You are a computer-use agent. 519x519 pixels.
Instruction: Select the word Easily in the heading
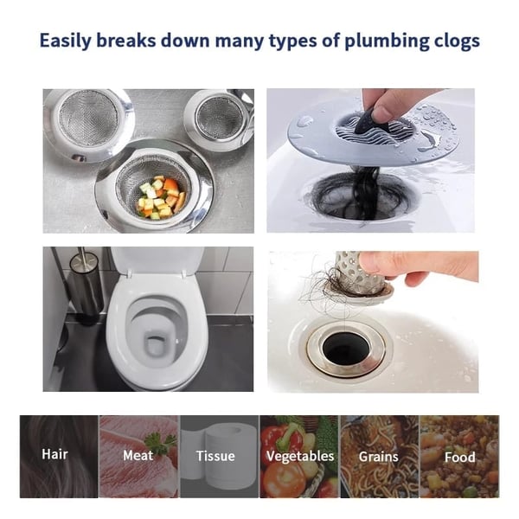tap(65, 41)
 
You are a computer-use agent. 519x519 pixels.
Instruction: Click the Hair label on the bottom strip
tap(55, 454)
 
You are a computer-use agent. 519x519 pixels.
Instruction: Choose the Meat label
tap(138, 456)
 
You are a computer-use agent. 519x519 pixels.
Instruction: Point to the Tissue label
tap(215, 456)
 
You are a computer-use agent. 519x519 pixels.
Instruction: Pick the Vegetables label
tap(300, 457)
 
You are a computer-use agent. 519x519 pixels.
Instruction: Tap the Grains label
tap(379, 457)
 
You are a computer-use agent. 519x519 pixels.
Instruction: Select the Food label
tap(460, 458)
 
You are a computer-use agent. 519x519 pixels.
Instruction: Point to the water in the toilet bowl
tap(157, 344)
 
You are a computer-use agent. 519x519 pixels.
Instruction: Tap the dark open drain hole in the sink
tap(345, 349)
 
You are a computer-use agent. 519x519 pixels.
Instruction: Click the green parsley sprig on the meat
tap(160, 441)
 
